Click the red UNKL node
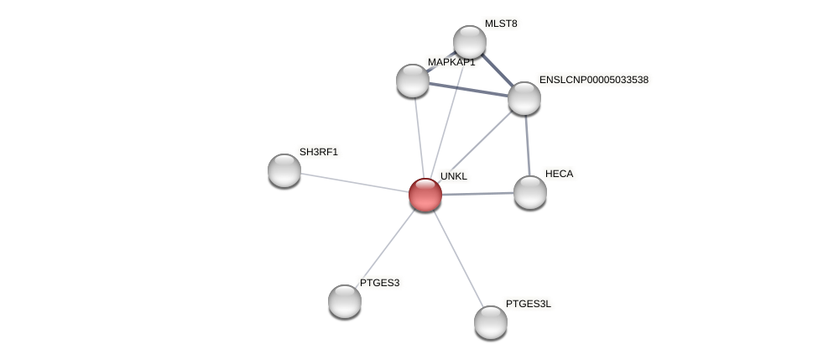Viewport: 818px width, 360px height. [425, 195]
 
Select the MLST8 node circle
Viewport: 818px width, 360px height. [470, 42]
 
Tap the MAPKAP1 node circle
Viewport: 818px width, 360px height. [413, 81]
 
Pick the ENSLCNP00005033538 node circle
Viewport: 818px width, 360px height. [524, 98]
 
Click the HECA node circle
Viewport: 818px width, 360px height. [530, 192]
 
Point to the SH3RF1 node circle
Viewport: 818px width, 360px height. [284, 170]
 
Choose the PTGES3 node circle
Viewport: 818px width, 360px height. [345, 301]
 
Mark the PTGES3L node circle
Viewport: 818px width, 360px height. [491, 322]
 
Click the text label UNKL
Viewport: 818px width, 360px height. [454, 176]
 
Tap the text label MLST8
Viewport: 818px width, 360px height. [501, 23]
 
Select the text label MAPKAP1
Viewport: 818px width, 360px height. [451, 62]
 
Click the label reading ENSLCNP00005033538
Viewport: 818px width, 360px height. [594, 80]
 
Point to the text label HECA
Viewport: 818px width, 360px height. [559, 174]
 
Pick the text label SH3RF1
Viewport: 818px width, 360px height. [319, 152]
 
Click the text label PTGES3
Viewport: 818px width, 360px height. [379, 283]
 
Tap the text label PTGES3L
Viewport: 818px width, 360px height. [529, 304]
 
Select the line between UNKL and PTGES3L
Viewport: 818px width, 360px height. [458, 258]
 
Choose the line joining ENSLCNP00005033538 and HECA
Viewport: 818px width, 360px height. [528, 145]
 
